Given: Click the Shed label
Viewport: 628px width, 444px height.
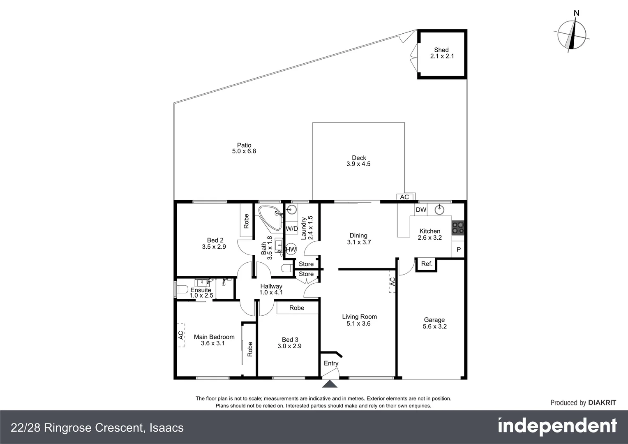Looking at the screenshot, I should pyautogui.click(x=441, y=50).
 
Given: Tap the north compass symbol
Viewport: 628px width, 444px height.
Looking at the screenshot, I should pyautogui.click(x=572, y=34).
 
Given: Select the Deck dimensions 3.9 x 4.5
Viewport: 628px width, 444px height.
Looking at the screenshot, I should pyautogui.click(x=358, y=164).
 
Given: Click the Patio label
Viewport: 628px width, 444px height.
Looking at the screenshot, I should pyautogui.click(x=244, y=145).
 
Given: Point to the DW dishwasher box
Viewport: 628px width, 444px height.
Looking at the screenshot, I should pyautogui.click(x=421, y=210).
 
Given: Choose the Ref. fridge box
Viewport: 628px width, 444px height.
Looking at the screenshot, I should pyautogui.click(x=427, y=264).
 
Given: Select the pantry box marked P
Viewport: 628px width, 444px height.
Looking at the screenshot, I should pyautogui.click(x=459, y=250).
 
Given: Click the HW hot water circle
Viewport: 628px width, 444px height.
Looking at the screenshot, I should pyautogui.click(x=291, y=249).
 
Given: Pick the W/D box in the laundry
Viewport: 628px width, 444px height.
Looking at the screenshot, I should pyautogui.click(x=292, y=228).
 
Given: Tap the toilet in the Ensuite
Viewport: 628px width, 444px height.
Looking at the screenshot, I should pyautogui.click(x=181, y=289).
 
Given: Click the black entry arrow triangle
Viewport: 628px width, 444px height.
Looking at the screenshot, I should pyautogui.click(x=330, y=384).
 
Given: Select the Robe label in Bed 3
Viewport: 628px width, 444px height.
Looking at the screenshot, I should pyautogui.click(x=297, y=308).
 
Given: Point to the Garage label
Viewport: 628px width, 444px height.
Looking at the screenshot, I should pyautogui.click(x=434, y=320).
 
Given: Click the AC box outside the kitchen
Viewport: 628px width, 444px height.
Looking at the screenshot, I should pyautogui.click(x=405, y=197).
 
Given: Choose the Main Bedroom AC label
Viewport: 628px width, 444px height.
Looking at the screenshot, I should pyautogui.click(x=181, y=335).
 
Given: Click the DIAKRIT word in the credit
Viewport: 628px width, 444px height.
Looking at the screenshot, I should pyautogui.click(x=602, y=403).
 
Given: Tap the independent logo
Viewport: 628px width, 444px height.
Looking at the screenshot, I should pyautogui.click(x=557, y=426).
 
